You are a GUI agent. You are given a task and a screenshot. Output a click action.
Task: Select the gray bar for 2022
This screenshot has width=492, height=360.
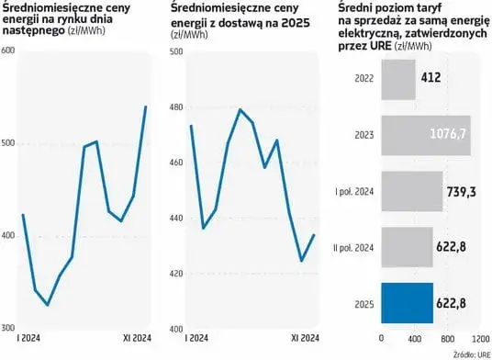coord(397,80)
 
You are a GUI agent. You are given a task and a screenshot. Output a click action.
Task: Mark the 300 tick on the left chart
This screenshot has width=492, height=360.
coord(9,327)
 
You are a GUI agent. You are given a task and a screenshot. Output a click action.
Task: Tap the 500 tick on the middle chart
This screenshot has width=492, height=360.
coord(180,51)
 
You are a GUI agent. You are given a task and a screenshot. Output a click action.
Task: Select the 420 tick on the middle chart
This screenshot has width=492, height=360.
coord(180,274)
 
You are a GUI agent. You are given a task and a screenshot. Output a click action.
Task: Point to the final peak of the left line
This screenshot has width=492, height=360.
coord(146,107)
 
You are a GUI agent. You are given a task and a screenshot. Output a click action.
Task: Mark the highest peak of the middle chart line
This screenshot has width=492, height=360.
coord(240,109)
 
